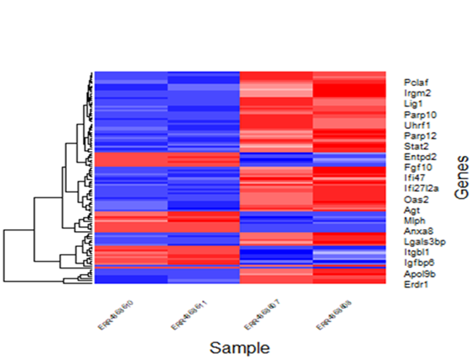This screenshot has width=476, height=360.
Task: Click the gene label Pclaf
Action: tap(416, 82)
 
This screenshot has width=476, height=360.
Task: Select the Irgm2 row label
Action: tap(417, 93)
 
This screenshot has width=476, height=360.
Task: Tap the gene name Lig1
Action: tap(413, 104)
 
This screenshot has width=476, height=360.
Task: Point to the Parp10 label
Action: tap(419, 114)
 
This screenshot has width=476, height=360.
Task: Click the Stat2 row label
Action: tap(415, 146)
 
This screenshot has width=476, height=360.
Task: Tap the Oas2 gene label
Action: tap(415, 200)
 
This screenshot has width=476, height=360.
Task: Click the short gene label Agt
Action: tap(412, 210)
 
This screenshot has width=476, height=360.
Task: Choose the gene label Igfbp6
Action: tap(418, 263)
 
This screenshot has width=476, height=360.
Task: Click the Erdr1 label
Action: tap(415, 284)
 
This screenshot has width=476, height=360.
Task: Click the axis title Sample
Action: tap(240, 348)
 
